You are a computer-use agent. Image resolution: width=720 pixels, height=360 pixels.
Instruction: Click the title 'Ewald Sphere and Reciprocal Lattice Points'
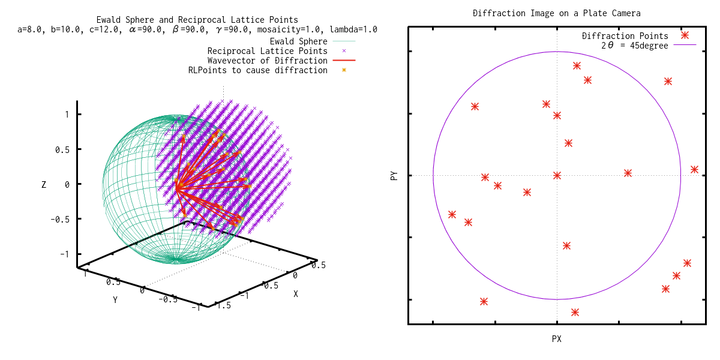coord(197,20)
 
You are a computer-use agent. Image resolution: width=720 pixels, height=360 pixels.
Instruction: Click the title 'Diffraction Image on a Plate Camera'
coord(557,13)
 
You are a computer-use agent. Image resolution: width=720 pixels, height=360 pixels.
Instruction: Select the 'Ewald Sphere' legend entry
coord(298,41)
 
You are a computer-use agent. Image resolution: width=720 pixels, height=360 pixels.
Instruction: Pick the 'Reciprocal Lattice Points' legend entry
coord(267,51)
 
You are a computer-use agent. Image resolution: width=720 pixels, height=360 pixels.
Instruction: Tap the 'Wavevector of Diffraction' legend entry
coord(267,61)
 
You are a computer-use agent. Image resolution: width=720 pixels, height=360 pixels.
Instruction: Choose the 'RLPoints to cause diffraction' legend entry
coord(257,70)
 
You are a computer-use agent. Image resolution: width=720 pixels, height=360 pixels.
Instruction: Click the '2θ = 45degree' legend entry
coord(634,46)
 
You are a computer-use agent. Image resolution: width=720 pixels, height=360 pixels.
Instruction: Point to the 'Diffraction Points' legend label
coord(625,36)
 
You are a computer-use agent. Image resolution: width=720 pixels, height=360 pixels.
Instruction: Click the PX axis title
coord(557,339)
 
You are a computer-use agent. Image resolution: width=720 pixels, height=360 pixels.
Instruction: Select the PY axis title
coord(394,176)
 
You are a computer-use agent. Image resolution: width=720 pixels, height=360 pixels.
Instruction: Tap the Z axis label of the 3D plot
coord(44,185)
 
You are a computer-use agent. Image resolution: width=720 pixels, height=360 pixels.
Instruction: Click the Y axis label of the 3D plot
coord(115,299)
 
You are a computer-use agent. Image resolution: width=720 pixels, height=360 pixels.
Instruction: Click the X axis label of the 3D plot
coord(295,294)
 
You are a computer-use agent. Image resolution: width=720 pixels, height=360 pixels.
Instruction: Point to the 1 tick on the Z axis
coord(66,115)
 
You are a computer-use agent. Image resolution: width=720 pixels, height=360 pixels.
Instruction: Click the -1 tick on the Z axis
coord(64,254)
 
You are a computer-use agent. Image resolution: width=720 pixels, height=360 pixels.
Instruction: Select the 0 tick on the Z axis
coord(66,184)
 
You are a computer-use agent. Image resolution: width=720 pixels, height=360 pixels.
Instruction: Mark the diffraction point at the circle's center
coord(557,175)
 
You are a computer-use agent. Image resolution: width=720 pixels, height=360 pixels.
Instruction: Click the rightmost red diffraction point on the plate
coord(694,170)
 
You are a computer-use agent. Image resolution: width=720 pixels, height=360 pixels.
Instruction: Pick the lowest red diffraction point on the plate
coord(575,312)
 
